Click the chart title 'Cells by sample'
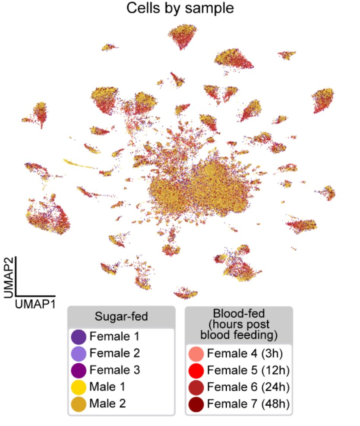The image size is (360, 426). pyautogui.click(x=180, y=8)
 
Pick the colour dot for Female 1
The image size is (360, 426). pyautogui.click(x=78, y=336)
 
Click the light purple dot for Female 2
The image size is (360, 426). pyautogui.click(x=78, y=353)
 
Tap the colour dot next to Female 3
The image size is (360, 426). pyautogui.click(x=78, y=370)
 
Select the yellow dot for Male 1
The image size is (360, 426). pyautogui.click(x=78, y=387)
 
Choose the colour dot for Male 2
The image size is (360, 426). pyautogui.click(x=78, y=404)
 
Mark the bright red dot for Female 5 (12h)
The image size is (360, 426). pyautogui.click(x=196, y=370)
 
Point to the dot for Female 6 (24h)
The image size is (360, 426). pyautogui.click(x=196, y=387)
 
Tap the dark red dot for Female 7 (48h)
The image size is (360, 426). pyautogui.click(x=196, y=404)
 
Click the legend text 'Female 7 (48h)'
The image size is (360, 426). pyautogui.click(x=249, y=404)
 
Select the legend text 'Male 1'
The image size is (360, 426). pyautogui.click(x=107, y=387)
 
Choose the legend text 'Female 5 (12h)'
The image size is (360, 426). pyautogui.click(x=249, y=370)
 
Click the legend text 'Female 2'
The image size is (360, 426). pyautogui.click(x=115, y=353)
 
